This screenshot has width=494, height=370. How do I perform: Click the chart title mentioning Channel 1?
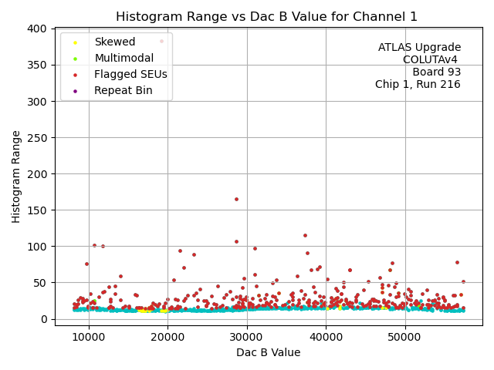pyautogui.click(x=266, y=16)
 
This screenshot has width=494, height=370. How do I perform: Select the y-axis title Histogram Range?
pyautogui.click(x=16, y=176)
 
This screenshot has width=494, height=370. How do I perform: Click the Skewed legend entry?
pyautogui.click(x=114, y=42)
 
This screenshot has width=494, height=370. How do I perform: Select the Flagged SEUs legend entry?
pyautogui.click(x=130, y=75)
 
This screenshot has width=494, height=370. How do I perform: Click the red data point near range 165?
pyautogui.click(x=236, y=199)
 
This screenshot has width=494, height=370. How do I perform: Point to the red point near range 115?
pyautogui.click(x=305, y=235)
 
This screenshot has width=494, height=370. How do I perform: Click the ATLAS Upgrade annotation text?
pyautogui.click(x=419, y=48)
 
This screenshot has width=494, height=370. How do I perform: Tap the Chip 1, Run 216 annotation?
pyautogui.click(x=418, y=85)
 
